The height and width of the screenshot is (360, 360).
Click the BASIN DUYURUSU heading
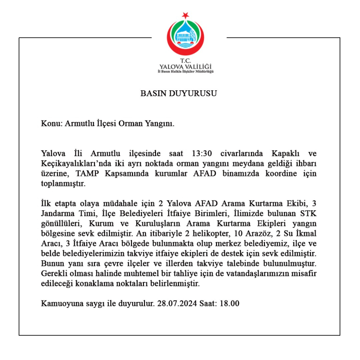pyautogui.click(x=179, y=93)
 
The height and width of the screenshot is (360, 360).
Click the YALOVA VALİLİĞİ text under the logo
pyautogui.click(x=185, y=66)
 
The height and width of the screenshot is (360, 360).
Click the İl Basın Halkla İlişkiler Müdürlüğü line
pyautogui.click(x=185, y=72)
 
